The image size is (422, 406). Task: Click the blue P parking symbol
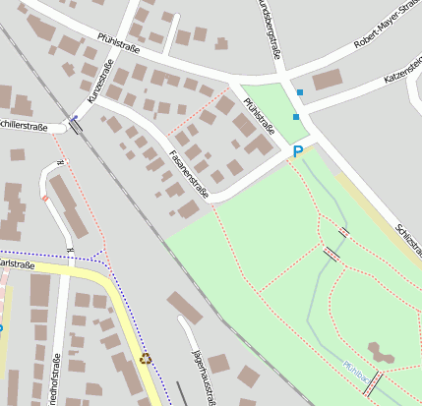(x=298, y=151)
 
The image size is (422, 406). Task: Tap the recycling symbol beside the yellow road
(x=147, y=359)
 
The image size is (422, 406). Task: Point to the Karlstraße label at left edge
(x=17, y=265)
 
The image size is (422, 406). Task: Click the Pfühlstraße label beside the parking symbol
(x=259, y=115)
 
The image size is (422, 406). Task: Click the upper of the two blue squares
(x=300, y=93)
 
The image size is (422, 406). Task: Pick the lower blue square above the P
(x=295, y=117)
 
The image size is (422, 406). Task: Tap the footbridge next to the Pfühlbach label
(x=371, y=383)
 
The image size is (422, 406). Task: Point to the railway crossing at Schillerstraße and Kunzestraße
(x=75, y=124)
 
